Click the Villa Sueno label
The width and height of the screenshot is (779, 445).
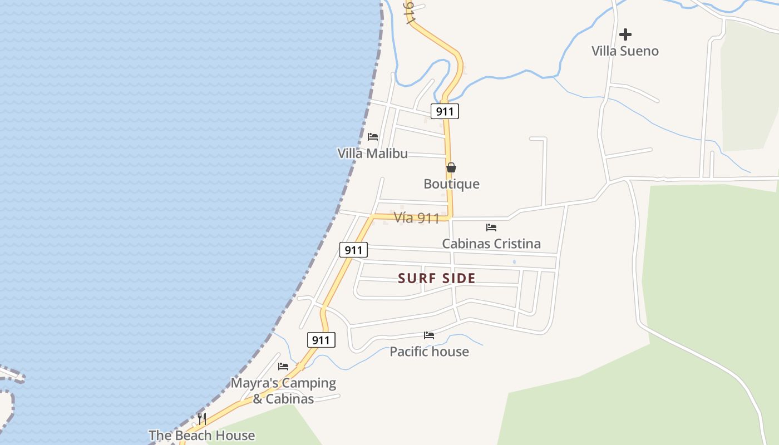pyautogui.click(x=625, y=51)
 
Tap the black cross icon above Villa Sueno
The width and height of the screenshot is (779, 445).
pyautogui.click(x=625, y=34)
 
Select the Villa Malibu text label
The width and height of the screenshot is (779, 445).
pyautogui.click(x=372, y=154)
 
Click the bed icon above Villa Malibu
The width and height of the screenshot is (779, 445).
pyautogui.click(x=373, y=137)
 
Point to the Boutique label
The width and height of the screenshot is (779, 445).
pyautogui.click(x=451, y=184)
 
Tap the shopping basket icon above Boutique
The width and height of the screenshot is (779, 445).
pyautogui.click(x=451, y=167)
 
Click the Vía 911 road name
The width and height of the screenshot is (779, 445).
pyautogui.click(x=417, y=218)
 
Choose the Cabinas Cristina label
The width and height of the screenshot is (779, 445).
pyautogui.click(x=491, y=244)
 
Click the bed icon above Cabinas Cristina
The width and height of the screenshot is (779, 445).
pyautogui.click(x=491, y=227)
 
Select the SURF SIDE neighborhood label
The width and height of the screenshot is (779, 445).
pyautogui.click(x=437, y=279)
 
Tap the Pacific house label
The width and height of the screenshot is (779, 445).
pyautogui.click(x=429, y=352)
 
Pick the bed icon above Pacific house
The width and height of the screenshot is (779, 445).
pyautogui.click(x=429, y=335)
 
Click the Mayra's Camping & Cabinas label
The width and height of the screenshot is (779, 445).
pyautogui.click(x=283, y=390)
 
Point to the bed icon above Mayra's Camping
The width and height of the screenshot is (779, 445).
pyautogui.click(x=283, y=367)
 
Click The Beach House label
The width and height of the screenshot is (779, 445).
pyautogui.click(x=201, y=436)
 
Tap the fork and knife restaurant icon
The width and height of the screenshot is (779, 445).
pyautogui.click(x=202, y=418)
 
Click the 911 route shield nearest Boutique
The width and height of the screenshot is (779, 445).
pyautogui.click(x=445, y=111)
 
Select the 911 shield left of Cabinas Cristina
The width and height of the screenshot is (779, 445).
pyautogui.click(x=353, y=250)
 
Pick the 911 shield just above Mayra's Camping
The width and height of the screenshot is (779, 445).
pyautogui.click(x=321, y=340)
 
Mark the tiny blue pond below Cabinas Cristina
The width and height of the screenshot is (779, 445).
pyautogui.click(x=514, y=261)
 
